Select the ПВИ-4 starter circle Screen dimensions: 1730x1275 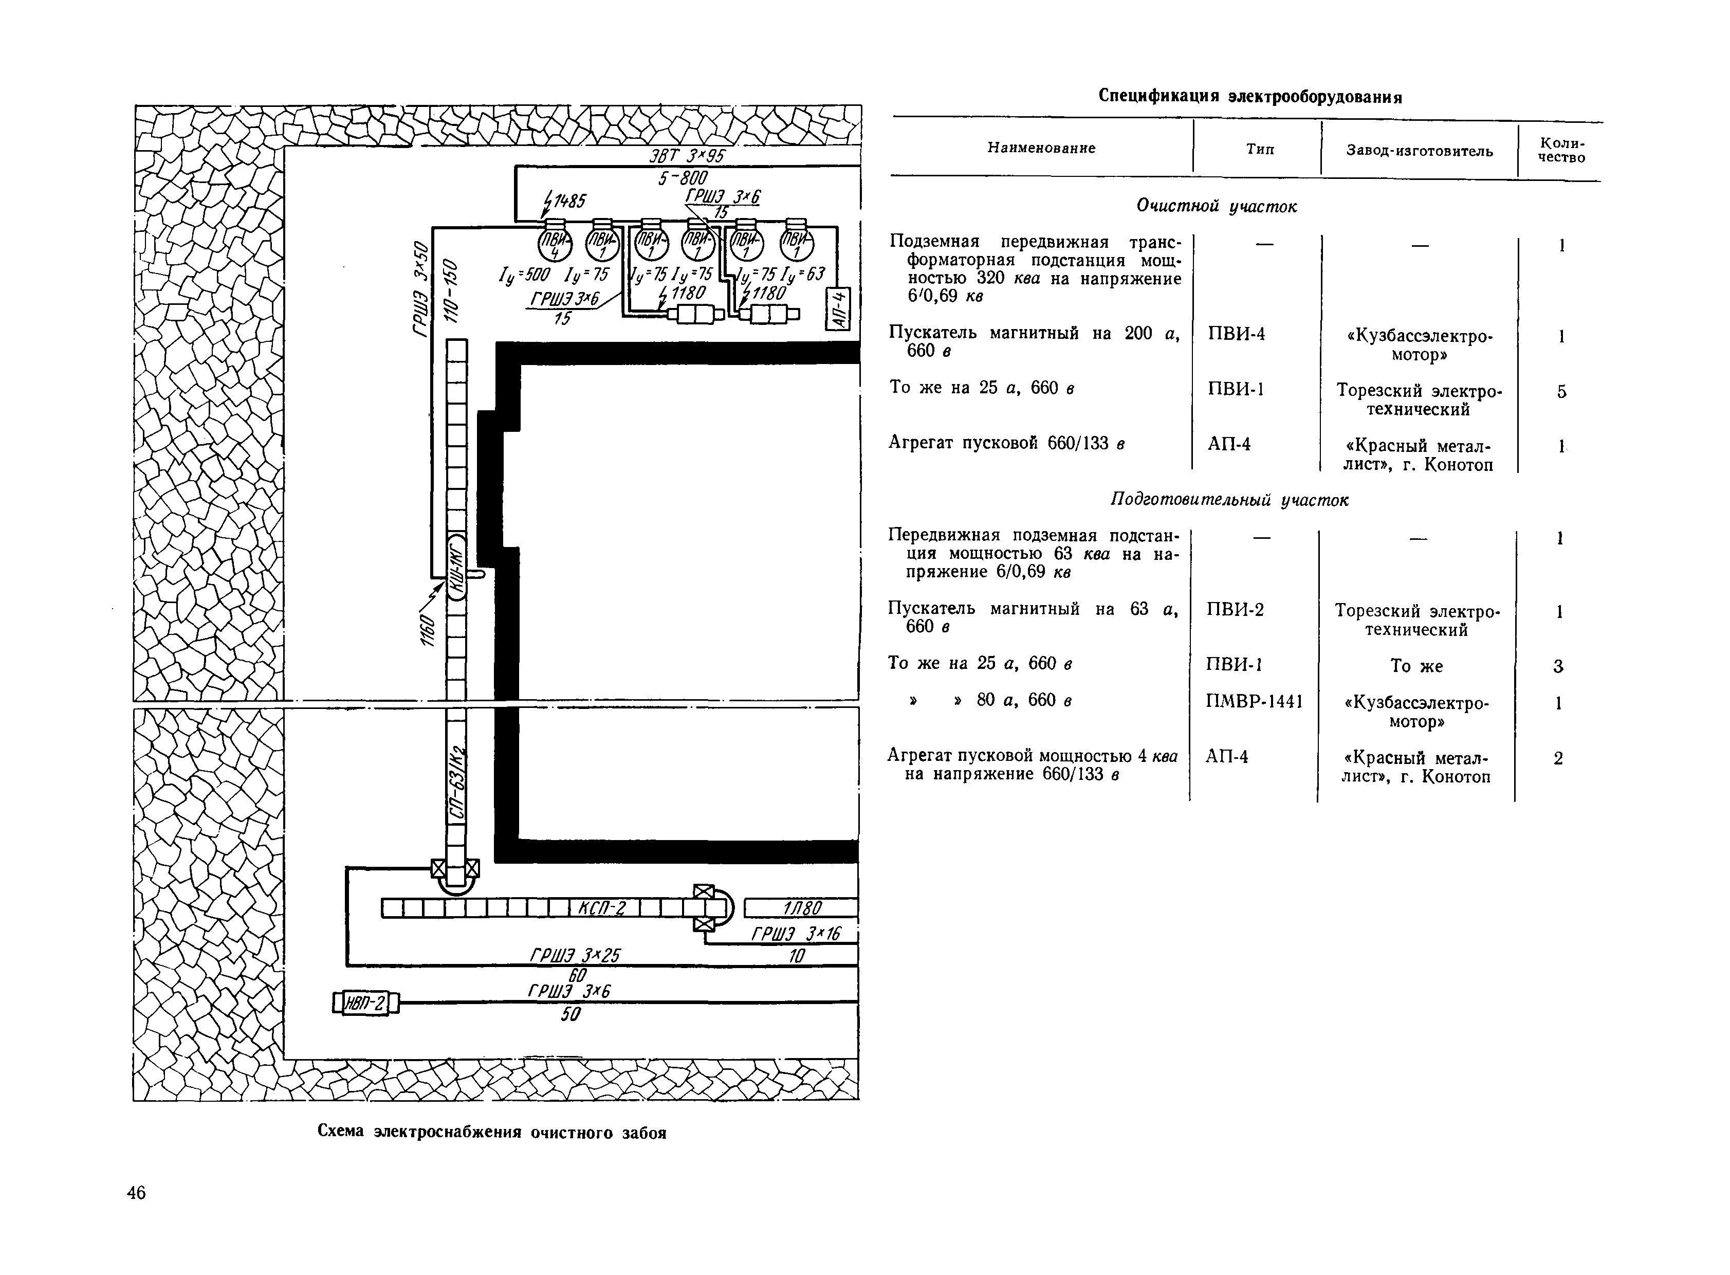(555, 245)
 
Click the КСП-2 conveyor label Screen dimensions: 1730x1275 (601, 908)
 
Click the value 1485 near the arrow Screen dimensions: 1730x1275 (569, 202)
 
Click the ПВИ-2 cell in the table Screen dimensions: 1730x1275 (1235, 610)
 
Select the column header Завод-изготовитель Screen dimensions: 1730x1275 (1419, 151)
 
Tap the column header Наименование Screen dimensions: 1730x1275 (1041, 148)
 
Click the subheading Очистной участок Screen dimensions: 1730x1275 (1216, 206)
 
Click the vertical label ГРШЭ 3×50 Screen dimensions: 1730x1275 (420, 288)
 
